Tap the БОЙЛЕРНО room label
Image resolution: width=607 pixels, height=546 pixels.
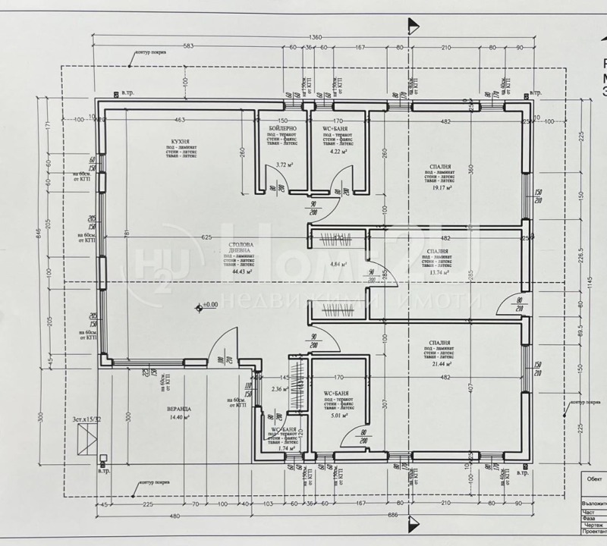[282, 130]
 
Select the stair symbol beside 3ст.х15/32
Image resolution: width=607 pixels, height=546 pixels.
[88, 438]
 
